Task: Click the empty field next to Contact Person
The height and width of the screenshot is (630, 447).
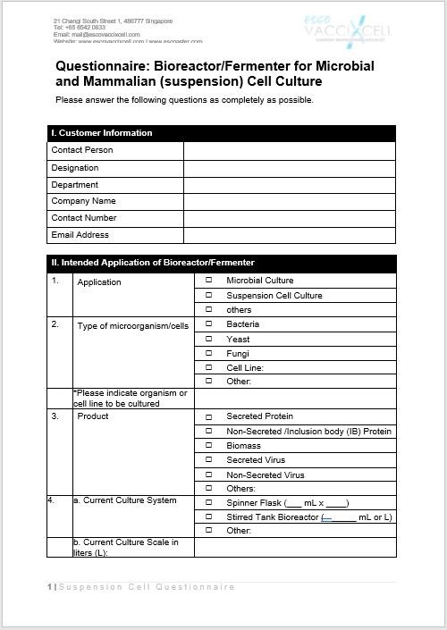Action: pos(289,150)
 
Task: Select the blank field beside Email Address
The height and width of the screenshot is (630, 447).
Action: pos(289,235)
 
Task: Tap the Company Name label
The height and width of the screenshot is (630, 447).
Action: pos(84,201)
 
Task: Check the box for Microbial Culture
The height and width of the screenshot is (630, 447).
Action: pos(209,281)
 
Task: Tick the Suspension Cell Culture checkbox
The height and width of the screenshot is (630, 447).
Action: pos(209,295)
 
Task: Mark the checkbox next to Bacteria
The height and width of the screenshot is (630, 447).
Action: pos(209,324)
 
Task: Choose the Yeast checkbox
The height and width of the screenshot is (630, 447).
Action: pos(209,339)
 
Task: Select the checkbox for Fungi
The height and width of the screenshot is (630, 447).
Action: pos(209,353)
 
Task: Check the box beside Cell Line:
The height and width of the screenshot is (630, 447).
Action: pos(209,367)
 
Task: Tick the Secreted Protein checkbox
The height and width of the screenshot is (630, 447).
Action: pos(209,416)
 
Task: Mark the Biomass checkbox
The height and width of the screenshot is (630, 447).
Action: pos(209,446)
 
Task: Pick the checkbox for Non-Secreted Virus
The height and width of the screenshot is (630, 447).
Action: pos(209,475)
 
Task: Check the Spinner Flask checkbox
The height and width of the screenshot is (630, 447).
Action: pos(209,503)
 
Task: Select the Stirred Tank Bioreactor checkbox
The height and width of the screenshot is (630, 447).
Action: pos(209,517)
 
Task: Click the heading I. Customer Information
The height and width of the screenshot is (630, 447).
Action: pos(102,133)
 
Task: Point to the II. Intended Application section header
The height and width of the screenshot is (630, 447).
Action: pos(153,263)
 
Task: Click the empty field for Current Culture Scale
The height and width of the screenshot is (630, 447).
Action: pos(294,547)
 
